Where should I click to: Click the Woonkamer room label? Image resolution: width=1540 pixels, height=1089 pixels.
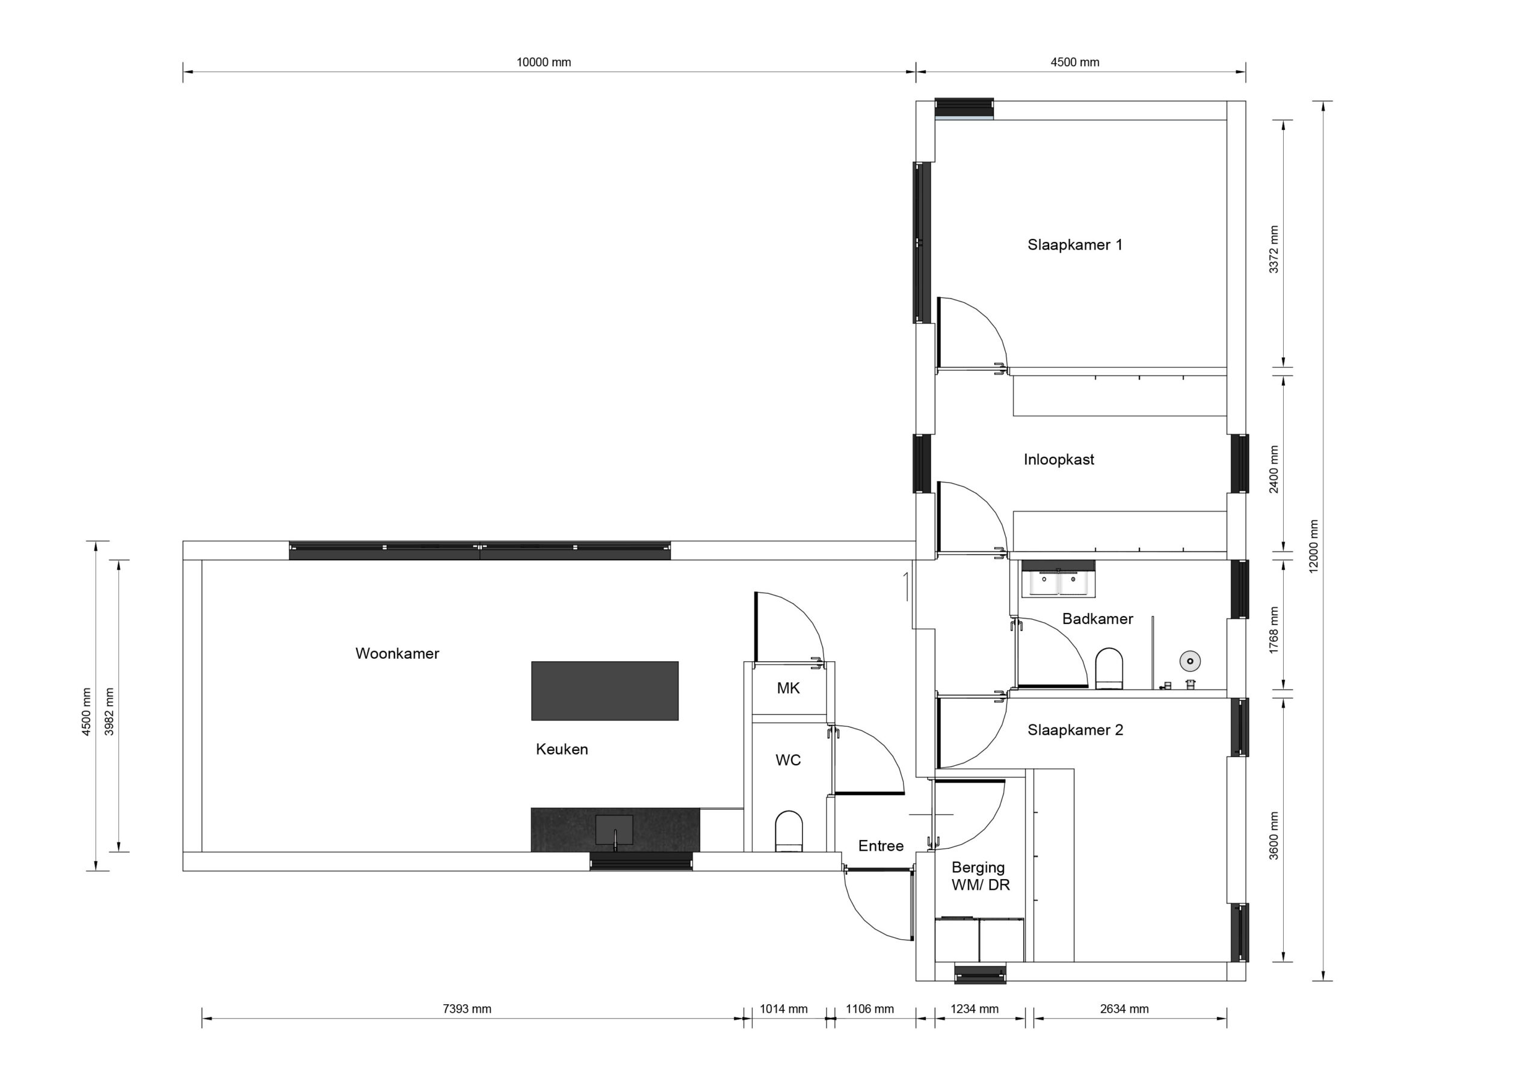397,653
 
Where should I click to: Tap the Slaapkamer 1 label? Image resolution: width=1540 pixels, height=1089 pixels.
1074,245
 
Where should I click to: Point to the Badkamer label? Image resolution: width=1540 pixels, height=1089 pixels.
1097,619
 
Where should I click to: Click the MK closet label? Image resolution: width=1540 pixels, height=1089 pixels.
788,688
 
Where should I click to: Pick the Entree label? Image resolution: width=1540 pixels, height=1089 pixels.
881,846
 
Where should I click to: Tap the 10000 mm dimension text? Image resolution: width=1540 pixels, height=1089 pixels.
543,63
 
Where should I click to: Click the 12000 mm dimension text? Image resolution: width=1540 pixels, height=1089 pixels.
1313,546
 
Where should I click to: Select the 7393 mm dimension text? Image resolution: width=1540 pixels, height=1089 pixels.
467,1008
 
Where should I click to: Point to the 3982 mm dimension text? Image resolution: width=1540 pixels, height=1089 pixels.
109,711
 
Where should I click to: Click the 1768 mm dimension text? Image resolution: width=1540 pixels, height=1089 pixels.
1274,630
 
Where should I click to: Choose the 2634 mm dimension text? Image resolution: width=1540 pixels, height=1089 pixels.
1124,1008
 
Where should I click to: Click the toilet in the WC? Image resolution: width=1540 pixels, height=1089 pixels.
788,831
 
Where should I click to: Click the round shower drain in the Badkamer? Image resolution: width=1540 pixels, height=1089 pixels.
1190,661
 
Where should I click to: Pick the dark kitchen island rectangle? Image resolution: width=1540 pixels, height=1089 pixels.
605,691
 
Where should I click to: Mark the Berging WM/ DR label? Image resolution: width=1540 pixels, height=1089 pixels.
980,876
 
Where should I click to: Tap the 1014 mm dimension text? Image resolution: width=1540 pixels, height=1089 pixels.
783,1008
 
